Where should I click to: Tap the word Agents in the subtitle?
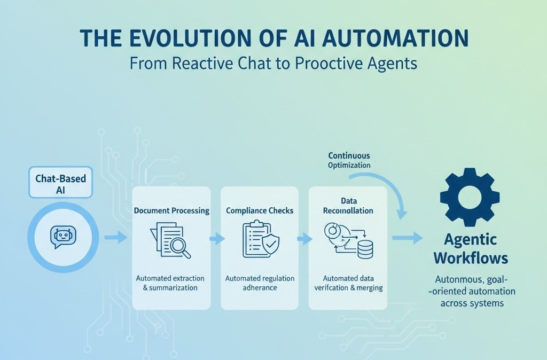pos(389,63)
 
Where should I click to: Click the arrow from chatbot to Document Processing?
pos(115,237)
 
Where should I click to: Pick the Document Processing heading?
pos(171,210)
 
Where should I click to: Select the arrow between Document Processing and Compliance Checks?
pos(216,238)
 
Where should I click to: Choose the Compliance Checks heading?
pos(260,210)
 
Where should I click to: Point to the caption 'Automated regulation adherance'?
pos(260,283)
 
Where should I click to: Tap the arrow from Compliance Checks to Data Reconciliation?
pos(304,238)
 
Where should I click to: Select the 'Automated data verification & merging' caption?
pos(348,283)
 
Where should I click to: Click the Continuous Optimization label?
pos(349,160)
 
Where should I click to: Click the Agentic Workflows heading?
pos(470,248)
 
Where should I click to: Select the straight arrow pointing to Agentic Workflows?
pos(408,238)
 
